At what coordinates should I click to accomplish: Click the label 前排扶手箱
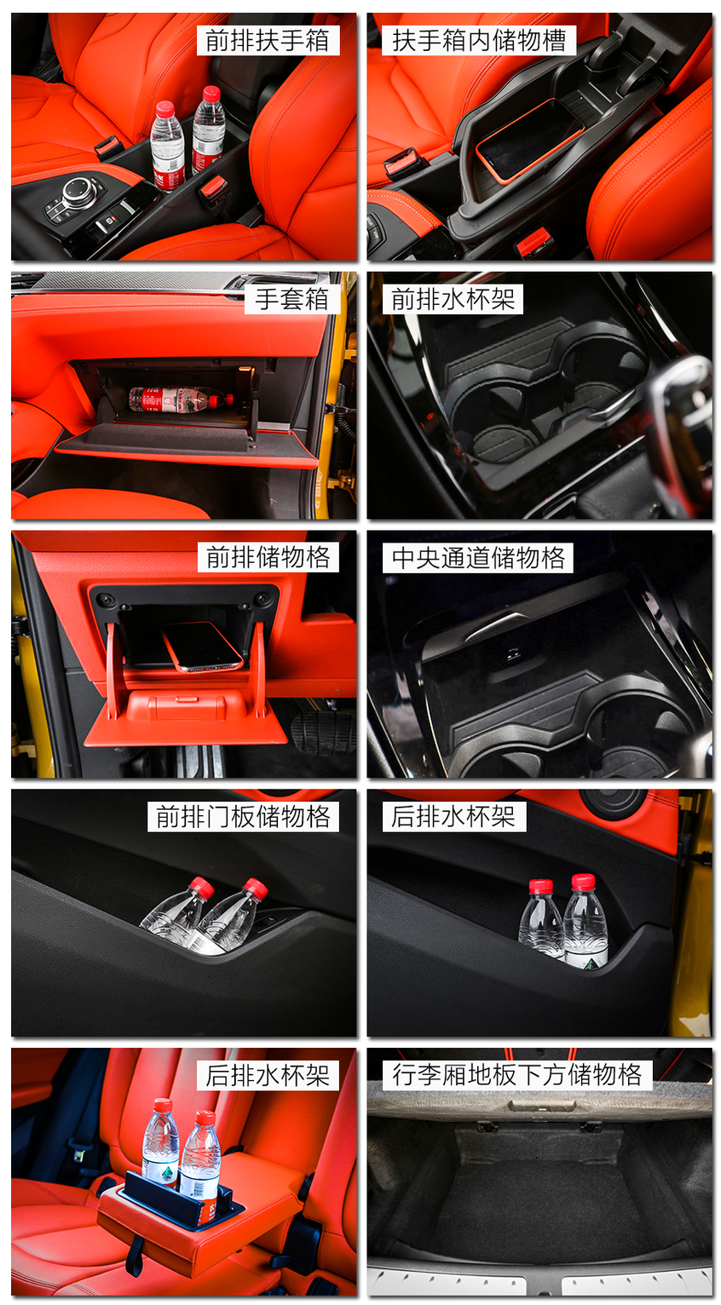[x=268, y=41]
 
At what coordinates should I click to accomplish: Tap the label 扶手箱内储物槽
[x=479, y=41]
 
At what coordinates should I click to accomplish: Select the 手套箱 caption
[x=291, y=299]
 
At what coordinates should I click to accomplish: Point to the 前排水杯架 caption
[x=453, y=299]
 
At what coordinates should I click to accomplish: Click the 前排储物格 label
[x=268, y=557]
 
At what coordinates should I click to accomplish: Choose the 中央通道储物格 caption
[x=478, y=557]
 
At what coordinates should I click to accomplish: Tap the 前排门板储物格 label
[x=243, y=816]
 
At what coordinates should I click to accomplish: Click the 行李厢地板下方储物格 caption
[x=516, y=1074]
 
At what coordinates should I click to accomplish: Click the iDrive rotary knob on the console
[x=78, y=191]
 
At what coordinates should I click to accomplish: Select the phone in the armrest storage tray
[x=528, y=139]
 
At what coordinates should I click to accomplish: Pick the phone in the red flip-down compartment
[x=202, y=645]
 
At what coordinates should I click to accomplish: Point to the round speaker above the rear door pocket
[x=613, y=802]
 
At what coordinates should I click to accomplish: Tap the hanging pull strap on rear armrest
[x=134, y=1256]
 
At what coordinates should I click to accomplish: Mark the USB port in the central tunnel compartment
[x=513, y=654]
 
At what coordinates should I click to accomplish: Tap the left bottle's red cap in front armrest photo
[x=165, y=109]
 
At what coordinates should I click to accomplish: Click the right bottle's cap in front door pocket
[x=255, y=888]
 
